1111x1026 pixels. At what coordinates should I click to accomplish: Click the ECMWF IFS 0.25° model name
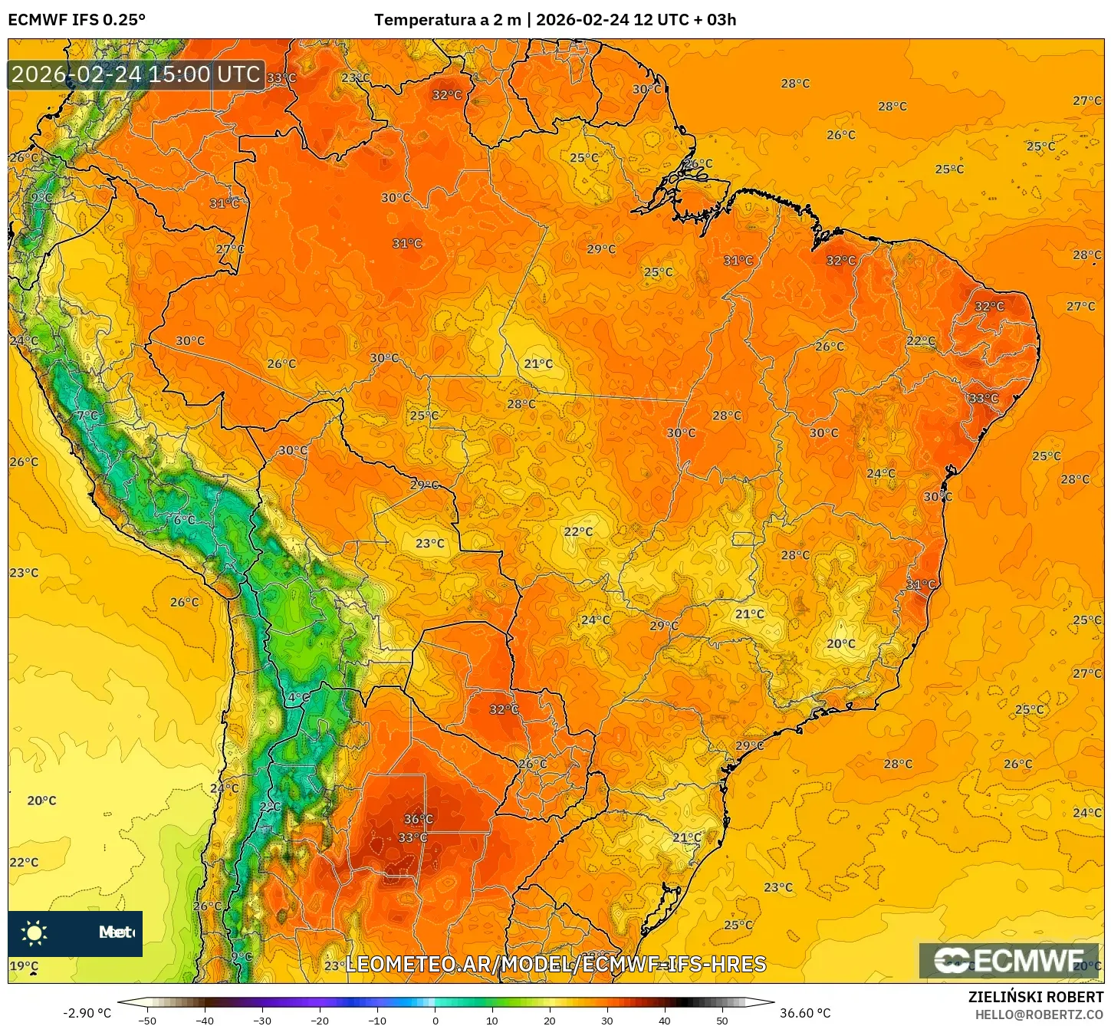point(77,20)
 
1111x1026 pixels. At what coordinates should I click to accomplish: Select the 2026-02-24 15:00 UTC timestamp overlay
point(136,74)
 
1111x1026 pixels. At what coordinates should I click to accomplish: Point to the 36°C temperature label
point(418,819)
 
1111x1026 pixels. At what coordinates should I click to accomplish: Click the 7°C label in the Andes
point(87,416)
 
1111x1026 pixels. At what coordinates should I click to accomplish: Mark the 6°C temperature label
point(184,520)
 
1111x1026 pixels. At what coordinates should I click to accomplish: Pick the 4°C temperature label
point(298,697)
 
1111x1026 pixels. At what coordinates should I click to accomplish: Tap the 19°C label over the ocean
point(24,966)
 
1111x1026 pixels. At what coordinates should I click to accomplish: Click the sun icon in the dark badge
point(35,932)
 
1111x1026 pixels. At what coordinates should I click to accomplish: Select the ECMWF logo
point(1009,961)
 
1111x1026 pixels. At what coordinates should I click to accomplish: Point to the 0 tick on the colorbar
point(435,1020)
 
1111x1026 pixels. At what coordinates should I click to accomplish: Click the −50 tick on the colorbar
point(147,1020)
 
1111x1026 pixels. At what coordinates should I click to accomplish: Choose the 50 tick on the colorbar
point(722,1020)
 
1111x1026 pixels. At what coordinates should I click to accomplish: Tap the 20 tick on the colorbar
point(550,1020)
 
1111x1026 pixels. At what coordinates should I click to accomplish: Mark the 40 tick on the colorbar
point(665,1020)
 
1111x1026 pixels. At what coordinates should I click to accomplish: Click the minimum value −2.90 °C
point(87,1013)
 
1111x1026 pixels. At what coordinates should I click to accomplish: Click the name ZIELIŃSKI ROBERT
point(1035,998)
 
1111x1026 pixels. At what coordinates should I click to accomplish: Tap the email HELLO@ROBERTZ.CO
point(1039,1014)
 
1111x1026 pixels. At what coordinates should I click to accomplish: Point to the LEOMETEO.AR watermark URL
point(556,964)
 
